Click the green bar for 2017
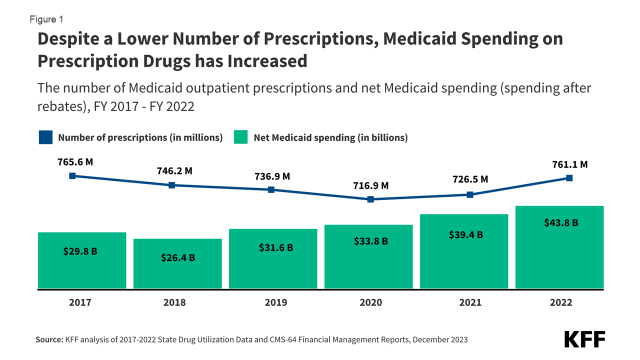point(82,260)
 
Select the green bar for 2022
point(559,247)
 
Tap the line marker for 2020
point(370,199)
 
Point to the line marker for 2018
point(171,185)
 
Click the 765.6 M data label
point(75,162)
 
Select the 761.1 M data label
point(569,164)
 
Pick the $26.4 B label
point(178,258)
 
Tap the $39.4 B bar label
point(465,234)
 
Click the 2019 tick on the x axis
point(275,302)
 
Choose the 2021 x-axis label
point(470,302)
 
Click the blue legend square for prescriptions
point(45,137)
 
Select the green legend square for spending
point(240,137)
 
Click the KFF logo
point(584,339)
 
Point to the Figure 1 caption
point(46,19)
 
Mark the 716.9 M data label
point(370,185)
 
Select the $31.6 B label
point(276,247)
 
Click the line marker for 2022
point(569,177)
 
